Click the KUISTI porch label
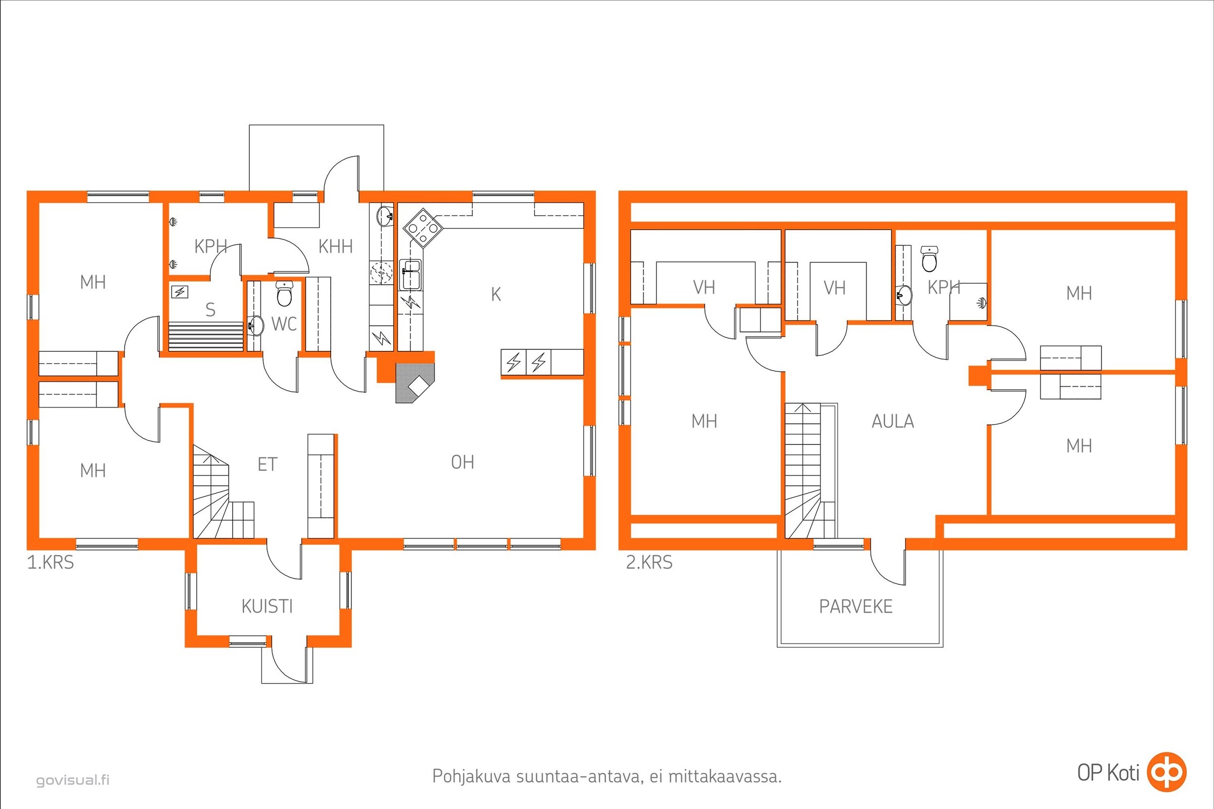(267, 606)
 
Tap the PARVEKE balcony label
(856, 606)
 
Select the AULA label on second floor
(892, 422)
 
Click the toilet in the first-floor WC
(284, 293)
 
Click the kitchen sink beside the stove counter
(411, 275)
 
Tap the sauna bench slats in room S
(206, 336)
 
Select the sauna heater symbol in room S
(179, 292)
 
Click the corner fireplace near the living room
(415, 382)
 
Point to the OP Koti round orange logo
(1166, 773)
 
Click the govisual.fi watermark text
(73, 780)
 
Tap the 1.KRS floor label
(51, 562)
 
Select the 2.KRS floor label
(649, 562)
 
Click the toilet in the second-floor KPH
(929, 258)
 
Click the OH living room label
(463, 462)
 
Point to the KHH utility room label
(335, 247)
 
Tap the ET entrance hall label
(267, 464)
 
